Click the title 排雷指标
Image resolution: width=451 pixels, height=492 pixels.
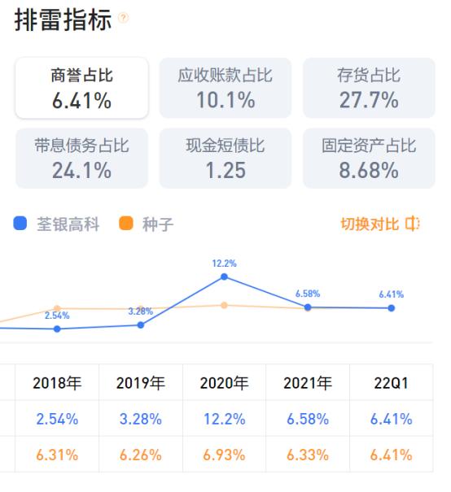[63, 20]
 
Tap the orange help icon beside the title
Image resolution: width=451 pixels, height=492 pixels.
[123, 18]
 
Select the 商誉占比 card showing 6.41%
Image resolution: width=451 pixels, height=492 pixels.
[81, 89]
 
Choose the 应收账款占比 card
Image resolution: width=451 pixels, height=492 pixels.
[225, 89]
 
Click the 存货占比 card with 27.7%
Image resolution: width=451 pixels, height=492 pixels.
[369, 89]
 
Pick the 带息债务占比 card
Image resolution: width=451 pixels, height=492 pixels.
[81, 159]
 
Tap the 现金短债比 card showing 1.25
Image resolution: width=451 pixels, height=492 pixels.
[225, 159]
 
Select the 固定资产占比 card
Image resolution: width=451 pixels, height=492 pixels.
[369, 159]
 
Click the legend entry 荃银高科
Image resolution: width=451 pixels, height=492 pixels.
[57, 224]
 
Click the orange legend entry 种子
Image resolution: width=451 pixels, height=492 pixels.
[147, 224]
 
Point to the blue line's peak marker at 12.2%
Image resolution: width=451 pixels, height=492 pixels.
[225, 277]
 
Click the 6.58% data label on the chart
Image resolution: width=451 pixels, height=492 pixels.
[308, 293]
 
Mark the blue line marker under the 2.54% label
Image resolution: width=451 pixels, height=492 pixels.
[57, 329]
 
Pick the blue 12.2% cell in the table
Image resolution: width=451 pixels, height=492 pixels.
[225, 420]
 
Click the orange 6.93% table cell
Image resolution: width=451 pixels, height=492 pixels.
[225, 455]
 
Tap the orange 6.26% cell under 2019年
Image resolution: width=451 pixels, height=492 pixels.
[140, 455]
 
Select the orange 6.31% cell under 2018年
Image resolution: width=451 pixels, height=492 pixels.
[56, 455]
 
